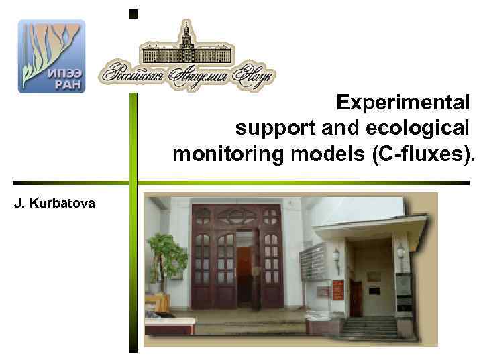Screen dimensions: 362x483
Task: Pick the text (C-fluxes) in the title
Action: [x=422, y=154]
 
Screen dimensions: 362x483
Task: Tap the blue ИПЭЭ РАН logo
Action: [x=52, y=56]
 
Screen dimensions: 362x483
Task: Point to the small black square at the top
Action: [x=133, y=13]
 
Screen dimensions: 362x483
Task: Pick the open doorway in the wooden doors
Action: [x=245, y=268]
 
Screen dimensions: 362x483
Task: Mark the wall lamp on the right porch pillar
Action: [x=401, y=253]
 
